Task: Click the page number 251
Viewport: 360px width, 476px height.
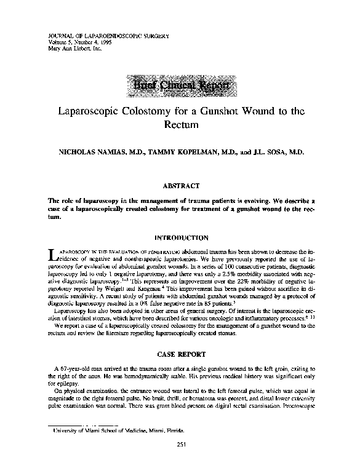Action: point(180,444)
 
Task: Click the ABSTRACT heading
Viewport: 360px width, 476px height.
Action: point(180,185)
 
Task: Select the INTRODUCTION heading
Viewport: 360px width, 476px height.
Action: point(180,237)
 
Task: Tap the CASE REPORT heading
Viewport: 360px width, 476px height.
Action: point(180,354)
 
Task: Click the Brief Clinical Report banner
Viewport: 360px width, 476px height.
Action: point(180,86)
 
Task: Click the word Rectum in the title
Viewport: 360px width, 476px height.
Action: point(180,125)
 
